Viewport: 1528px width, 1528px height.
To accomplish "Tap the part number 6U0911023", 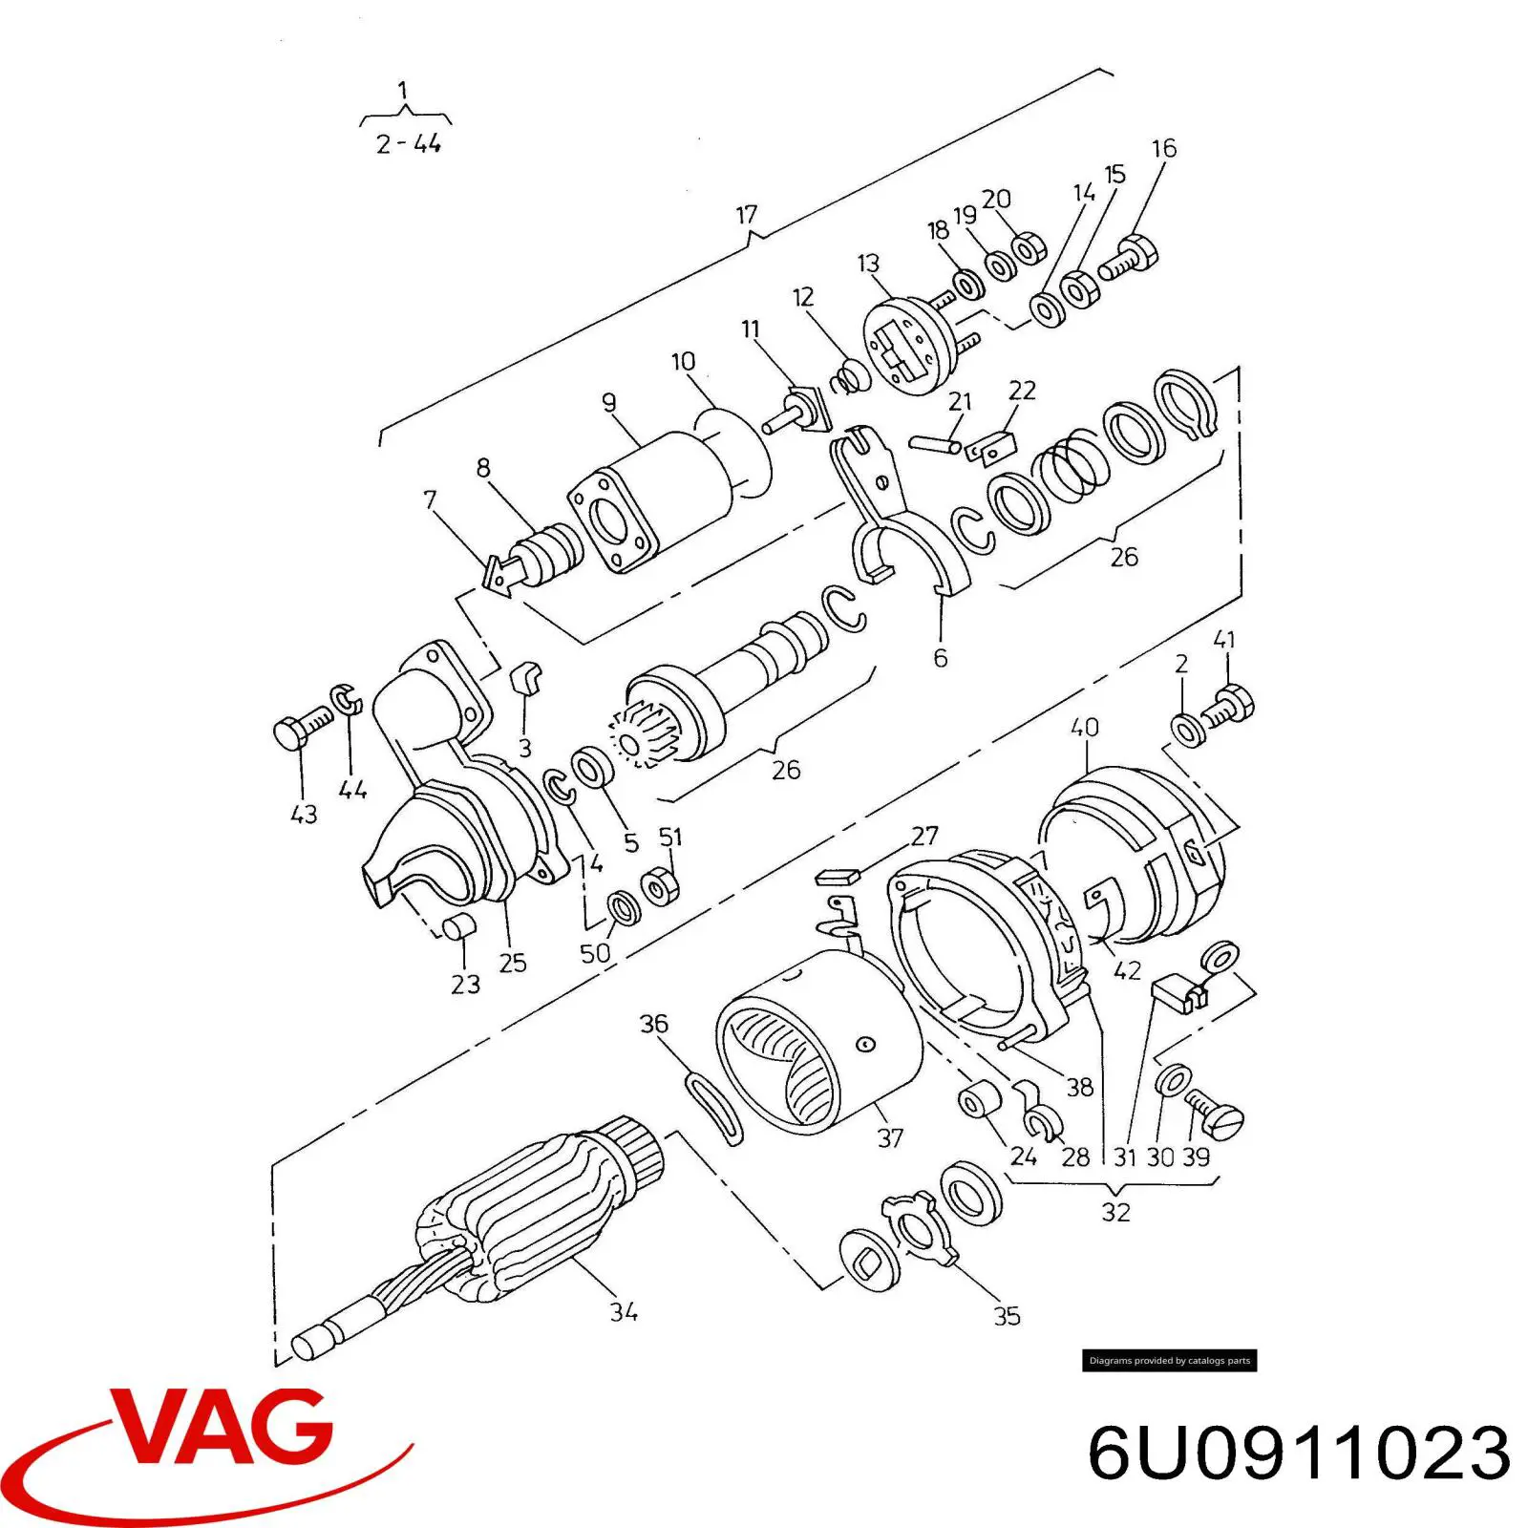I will pyautogui.click(x=1299, y=1454).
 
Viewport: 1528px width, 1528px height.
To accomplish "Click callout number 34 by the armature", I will pyautogui.click(x=624, y=1312).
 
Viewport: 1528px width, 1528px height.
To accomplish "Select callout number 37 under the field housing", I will pyautogui.click(x=890, y=1137).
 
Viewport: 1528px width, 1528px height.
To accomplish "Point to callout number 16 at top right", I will pyautogui.click(x=1164, y=149).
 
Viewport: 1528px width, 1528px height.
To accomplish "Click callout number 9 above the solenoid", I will pyautogui.click(x=609, y=403).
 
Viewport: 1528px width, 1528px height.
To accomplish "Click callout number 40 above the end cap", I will pyautogui.click(x=1084, y=728).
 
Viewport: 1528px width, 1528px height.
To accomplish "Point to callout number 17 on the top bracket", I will pyautogui.click(x=747, y=215).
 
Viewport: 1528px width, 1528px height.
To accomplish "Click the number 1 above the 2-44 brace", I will pyautogui.click(x=403, y=91).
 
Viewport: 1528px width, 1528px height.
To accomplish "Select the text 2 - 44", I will pyautogui.click(x=408, y=144).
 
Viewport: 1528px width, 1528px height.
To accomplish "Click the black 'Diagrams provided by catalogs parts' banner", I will pyautogui.click(x=1169, y=1361).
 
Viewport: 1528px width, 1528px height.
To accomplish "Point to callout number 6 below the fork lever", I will pyautogui.click(x=941, y=657).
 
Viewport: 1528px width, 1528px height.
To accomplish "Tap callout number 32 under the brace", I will pyautogui.click(x=1115, y=1212).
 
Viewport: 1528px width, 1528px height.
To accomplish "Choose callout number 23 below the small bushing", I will pyautogui.click(x=465, y=984).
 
